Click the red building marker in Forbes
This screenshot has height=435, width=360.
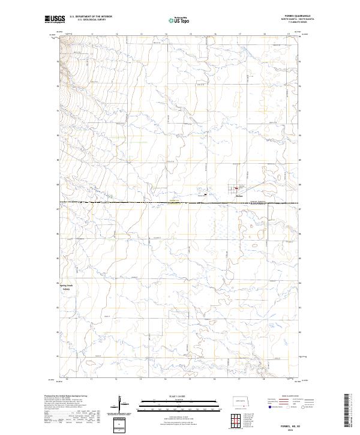235,190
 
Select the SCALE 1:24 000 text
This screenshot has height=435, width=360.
171,396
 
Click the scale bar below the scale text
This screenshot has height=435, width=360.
171,404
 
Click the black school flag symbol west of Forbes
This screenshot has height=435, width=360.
206,194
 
